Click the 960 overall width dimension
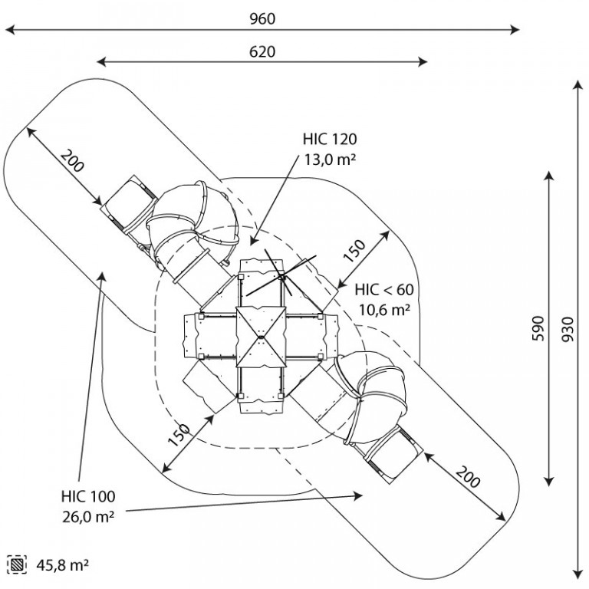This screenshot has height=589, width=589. coord(262,18)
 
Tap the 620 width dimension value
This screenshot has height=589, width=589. coord(262,52)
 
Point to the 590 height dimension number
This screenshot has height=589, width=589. coord(538,329)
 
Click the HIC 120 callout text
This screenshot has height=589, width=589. coord(330,140)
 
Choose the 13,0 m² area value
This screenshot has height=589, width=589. coord(330,160)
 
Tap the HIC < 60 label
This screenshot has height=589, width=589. coord(384,290)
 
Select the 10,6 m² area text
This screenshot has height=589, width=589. coord(384,311)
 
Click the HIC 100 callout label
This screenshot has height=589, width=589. coord(88,497)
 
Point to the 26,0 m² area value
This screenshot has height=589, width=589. coord(88,517)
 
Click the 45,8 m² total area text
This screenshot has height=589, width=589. coord(63,565)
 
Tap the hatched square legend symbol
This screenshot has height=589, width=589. coord(17,564)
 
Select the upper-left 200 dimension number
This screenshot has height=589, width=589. coord(72,161)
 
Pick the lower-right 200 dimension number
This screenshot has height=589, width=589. coord(468,476)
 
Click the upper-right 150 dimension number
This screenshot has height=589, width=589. coord(354,251)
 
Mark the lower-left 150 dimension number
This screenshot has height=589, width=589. coord(178,436)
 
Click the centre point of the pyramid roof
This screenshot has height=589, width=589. coord(261,337)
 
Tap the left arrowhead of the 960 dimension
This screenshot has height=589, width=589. coord(10,30)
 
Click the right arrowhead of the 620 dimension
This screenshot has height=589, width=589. coord(423,62)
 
